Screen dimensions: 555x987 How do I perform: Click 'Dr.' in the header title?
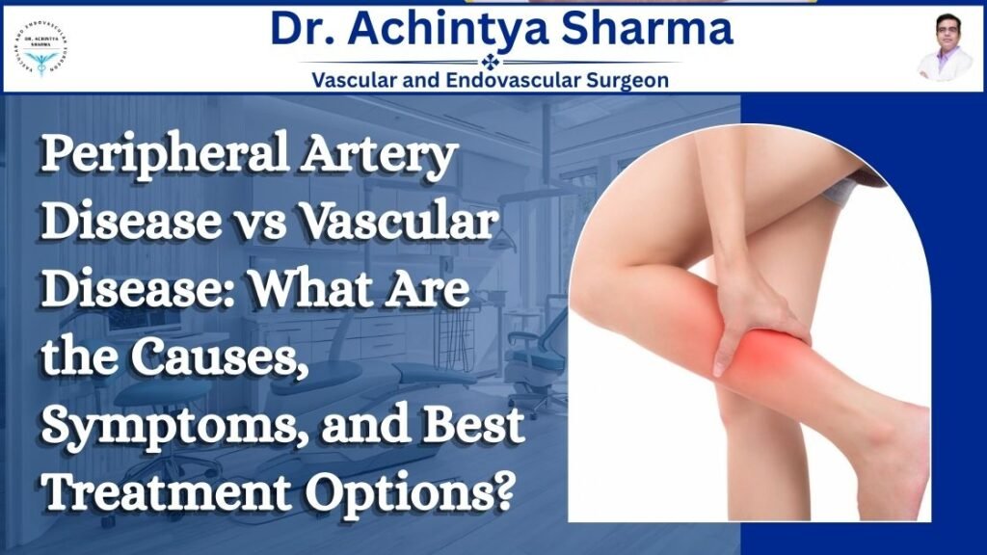(301, 30)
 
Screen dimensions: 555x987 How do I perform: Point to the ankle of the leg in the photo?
(892, 453)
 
